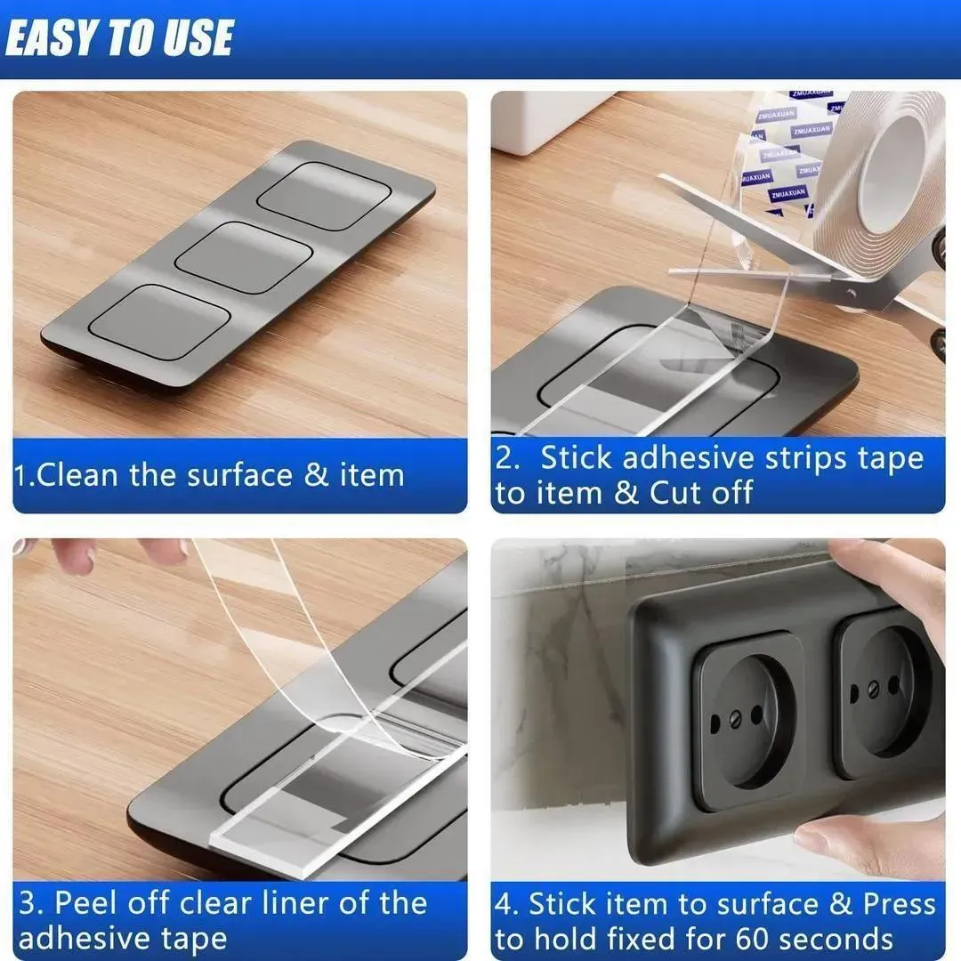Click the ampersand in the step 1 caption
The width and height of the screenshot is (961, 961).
(316, 474)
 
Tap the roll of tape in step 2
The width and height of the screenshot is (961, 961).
(881, 169)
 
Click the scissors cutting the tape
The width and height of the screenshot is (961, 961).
(801, 258)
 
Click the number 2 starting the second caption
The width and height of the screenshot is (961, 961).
(506, 458)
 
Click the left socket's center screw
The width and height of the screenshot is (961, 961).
(737, 716)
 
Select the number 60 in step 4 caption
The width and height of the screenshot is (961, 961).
(753, 939)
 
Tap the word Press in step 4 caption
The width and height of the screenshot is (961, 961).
(899, 905)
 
